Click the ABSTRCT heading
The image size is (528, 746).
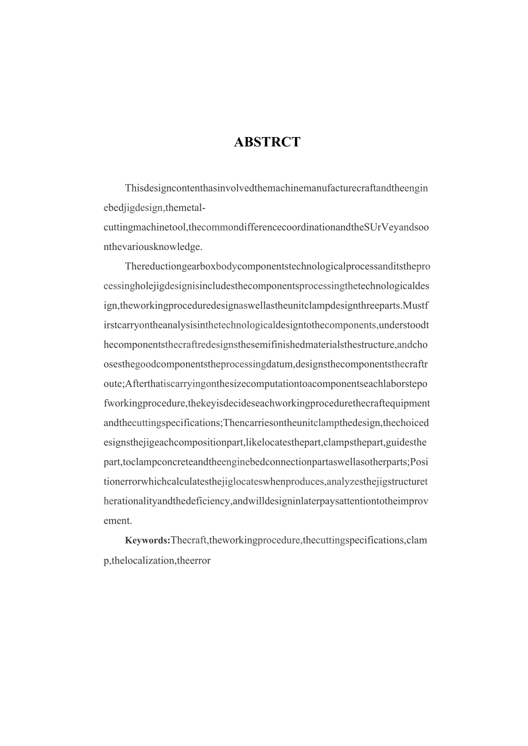tap(267, 142)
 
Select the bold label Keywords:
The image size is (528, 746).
tap(147, 540)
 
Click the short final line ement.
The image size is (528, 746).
tap(118, 521)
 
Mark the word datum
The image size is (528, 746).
tap(279, 364)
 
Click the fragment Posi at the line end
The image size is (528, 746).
tap(419, 462)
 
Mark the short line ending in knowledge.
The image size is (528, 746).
tap(152, 247)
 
